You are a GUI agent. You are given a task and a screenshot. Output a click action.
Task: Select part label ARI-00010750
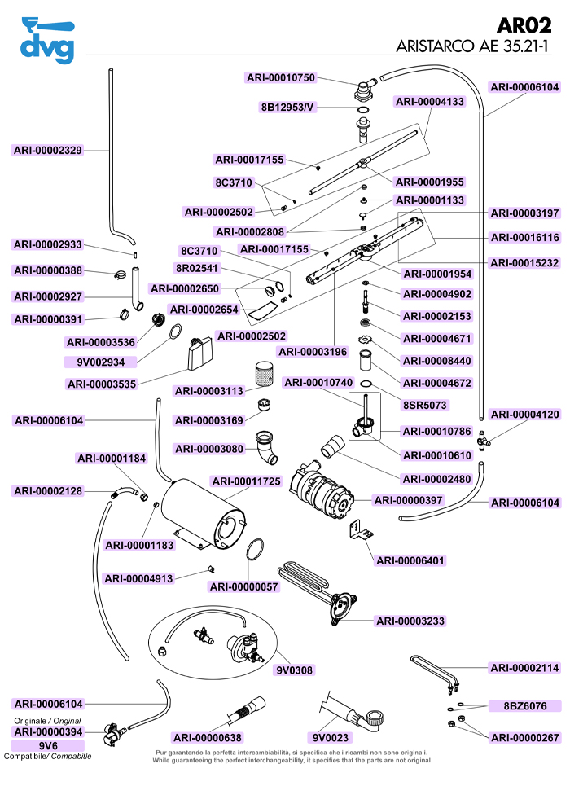280,77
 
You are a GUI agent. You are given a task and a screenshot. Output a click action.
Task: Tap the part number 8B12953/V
287,107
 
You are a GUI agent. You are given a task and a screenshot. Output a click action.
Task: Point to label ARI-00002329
48,150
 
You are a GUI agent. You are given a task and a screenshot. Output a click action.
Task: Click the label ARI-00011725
246,481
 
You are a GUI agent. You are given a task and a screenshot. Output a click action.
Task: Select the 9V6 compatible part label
48,745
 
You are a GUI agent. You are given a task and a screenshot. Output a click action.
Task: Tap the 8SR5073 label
425,404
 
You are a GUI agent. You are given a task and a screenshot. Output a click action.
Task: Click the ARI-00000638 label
208,738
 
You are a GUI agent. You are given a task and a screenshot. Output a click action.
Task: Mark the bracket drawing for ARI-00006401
360,530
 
